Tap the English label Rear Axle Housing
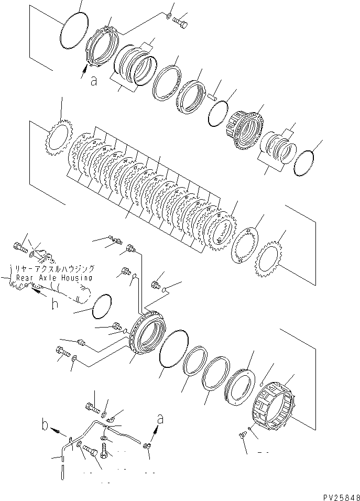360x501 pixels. click(x=54, y=278)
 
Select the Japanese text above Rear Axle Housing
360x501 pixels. click(x=51, y=267)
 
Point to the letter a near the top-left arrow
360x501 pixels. click(x=93, y=81)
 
